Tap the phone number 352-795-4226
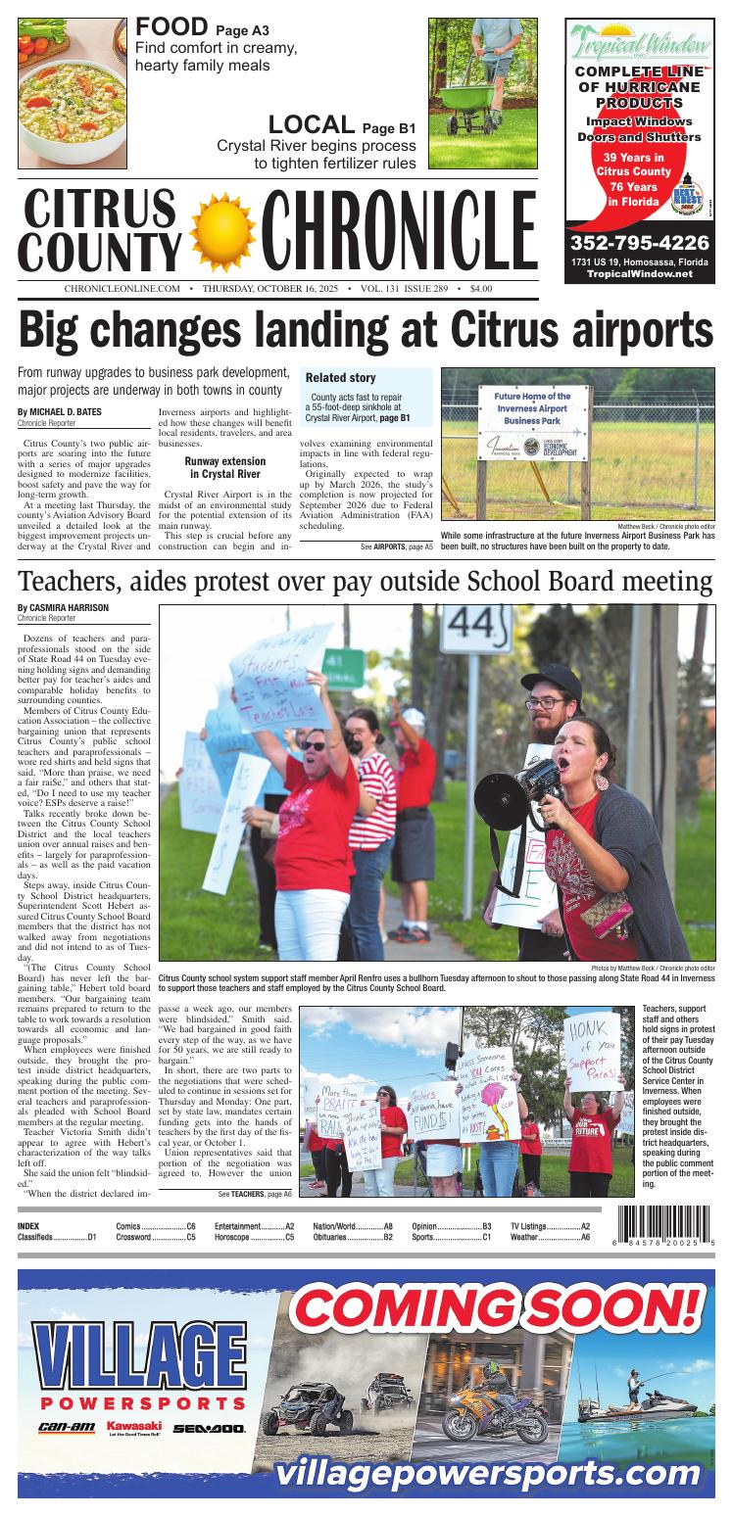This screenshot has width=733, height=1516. (639, 242)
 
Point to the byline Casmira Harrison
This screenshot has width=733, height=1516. (63, 607)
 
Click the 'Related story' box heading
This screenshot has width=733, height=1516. (340, 378)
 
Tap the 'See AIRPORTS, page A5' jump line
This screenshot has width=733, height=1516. (396, 545)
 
